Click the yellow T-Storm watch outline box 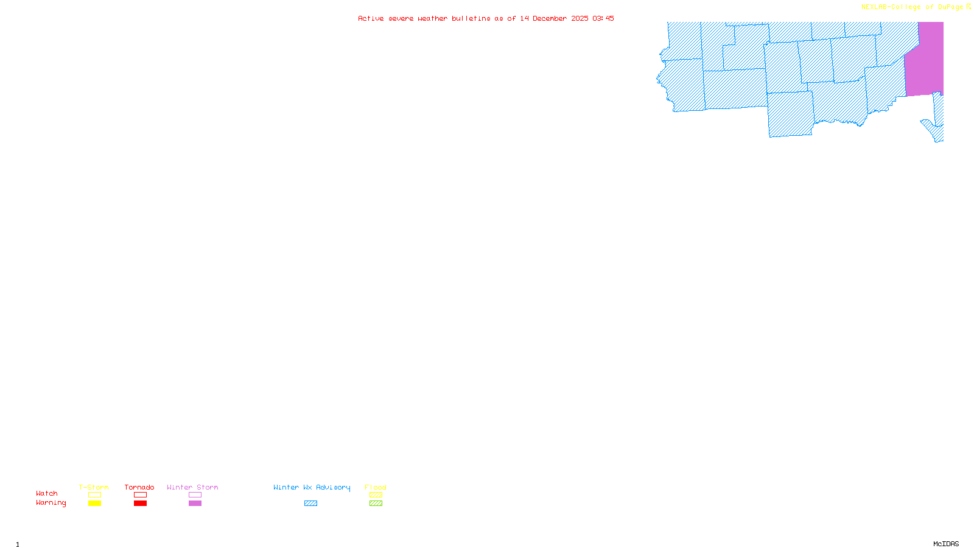[x=94, y=495]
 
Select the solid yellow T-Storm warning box [x=94, y=504]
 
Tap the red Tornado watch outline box [x=140, y=495]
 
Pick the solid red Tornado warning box [x=140, y=504]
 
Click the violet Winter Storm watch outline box [x=195, y=495]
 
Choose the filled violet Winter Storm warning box [x=195, y=504]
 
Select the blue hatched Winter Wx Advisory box [x=310, y=504]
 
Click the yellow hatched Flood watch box [x=376, y=495]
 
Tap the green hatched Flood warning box [x=376, y=504]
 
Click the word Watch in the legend [x=47, y=494]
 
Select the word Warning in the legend [x=51, y=503]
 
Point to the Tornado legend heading [x=139, y=487]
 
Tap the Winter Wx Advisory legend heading [x=312, y=487]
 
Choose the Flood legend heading [x=376, y=487]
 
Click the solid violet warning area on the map [x=925, y=61]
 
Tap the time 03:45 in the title [x=603, y=18]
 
